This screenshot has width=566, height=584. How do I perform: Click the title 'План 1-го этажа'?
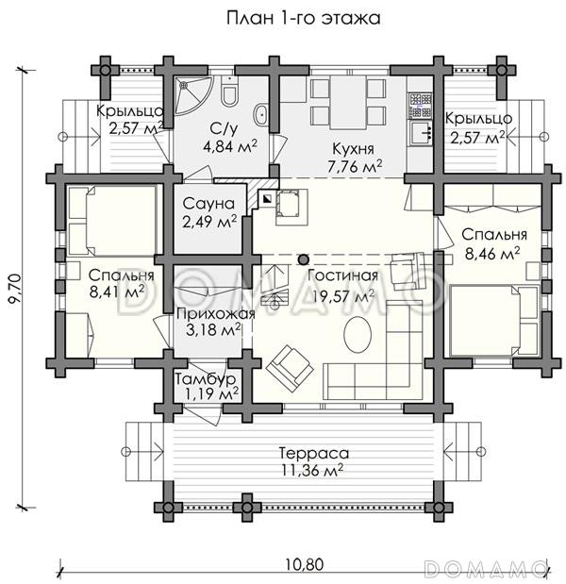click(x=304, y=18)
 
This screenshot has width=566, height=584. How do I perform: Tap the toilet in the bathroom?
click(x=228, y=92)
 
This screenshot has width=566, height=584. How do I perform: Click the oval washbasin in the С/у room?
click(x=260, y=115)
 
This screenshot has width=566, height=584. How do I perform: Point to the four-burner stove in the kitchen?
click(x=420, y=105)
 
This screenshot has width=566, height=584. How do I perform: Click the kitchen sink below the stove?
click(x=421, y=133)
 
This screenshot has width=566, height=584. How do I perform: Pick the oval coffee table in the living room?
click(x=358, y=335)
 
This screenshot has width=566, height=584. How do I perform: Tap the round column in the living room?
click(x=304, y=259)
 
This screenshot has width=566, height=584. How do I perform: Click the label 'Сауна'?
click(x=208, y=204)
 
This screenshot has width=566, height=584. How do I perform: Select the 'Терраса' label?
click(x=314, y=453)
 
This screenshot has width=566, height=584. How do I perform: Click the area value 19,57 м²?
click(x=343, y=296)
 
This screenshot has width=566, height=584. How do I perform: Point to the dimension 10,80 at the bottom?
click(x=305, y=564)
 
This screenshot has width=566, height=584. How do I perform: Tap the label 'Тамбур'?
click(x=206, y=379)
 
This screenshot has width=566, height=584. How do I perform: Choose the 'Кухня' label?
click(x=353, y=149)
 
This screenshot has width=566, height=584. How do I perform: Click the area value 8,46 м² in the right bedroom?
click(x=492, y=254)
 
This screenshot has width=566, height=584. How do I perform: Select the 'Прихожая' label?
click(x=216, y=314)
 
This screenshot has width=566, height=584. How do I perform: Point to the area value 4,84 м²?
click(x=230, y=146)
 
